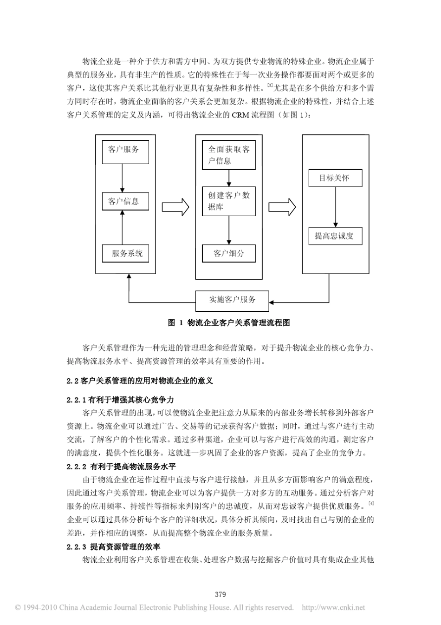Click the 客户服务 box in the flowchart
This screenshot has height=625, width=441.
(125, 150)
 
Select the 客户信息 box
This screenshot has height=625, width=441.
(125, 202)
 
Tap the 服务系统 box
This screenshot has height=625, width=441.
(125, 254)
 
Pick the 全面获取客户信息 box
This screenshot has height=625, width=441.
(228, 155)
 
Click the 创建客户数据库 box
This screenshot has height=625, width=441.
(228, 201)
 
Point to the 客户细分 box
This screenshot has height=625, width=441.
(228, 254)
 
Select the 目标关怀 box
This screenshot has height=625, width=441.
(335, 178)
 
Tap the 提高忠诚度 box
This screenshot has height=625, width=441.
(335, 236)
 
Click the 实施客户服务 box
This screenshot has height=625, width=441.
(232, 300)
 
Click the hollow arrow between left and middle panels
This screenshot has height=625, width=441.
(175, 206)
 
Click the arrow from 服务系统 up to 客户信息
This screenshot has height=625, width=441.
(122, 227)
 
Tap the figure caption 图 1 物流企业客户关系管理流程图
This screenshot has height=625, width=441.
(229, 323)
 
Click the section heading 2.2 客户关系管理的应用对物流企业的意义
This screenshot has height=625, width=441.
(140, 381)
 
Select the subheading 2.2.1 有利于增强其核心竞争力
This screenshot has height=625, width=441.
(120, 400)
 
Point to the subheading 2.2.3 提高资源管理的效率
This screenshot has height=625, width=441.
(113, 547)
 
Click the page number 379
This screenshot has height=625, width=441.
(220, 594)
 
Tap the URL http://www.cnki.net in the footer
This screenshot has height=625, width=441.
(333, 607)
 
